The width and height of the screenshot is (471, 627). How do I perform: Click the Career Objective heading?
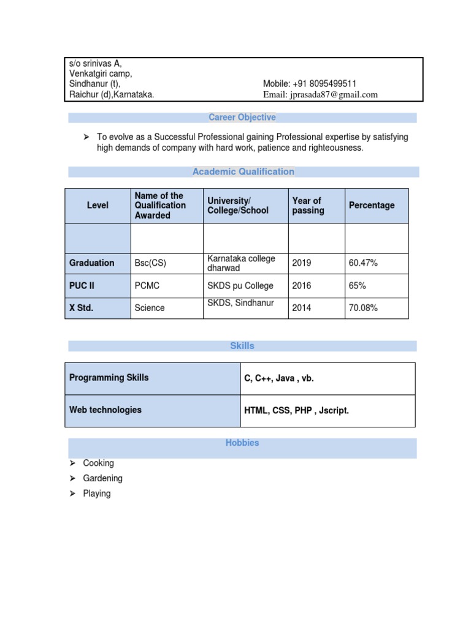point(242,118)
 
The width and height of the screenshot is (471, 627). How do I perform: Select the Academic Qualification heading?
point(243,172)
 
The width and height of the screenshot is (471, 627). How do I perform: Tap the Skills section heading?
point(242,346)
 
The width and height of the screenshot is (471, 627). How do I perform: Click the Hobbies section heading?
point(242,443)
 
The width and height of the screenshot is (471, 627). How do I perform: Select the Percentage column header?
point(372,206)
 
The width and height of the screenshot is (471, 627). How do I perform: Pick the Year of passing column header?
point(307,206)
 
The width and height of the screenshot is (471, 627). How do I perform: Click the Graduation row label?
point(92,263)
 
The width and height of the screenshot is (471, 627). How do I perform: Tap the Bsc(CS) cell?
point(150,263)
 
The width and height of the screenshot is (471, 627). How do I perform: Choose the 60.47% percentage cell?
point(363,263)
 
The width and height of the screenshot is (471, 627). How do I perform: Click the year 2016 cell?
point(302,286)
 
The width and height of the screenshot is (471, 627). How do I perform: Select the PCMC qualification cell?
point(147,286)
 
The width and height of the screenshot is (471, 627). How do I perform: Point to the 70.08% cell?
point(363,308)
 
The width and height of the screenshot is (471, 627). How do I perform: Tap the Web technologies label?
point(105,410)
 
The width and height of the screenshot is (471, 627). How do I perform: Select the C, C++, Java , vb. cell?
point(279,378)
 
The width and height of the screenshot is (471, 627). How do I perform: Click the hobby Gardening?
point(103,478)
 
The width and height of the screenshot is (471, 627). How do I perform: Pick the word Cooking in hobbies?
point(99,464)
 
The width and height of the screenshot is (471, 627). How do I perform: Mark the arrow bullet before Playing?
point(72,494)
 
